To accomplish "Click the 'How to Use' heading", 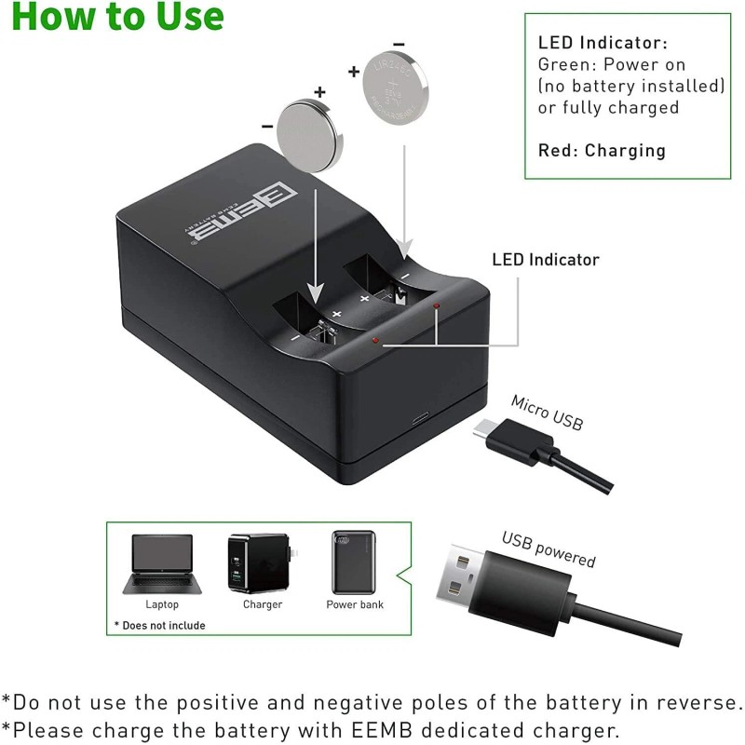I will tap(117, 17).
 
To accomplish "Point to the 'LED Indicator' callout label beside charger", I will tap(546, 260).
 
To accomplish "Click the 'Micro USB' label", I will tap(547, 412).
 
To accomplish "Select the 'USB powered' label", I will tap(549, 549).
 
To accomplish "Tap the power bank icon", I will tap(354, 561).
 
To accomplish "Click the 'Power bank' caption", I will tap(354, 604).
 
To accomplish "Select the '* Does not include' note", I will tap(159, 626).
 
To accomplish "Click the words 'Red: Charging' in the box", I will tap(602, 151).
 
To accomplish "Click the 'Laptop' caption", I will tap(162, 604).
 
